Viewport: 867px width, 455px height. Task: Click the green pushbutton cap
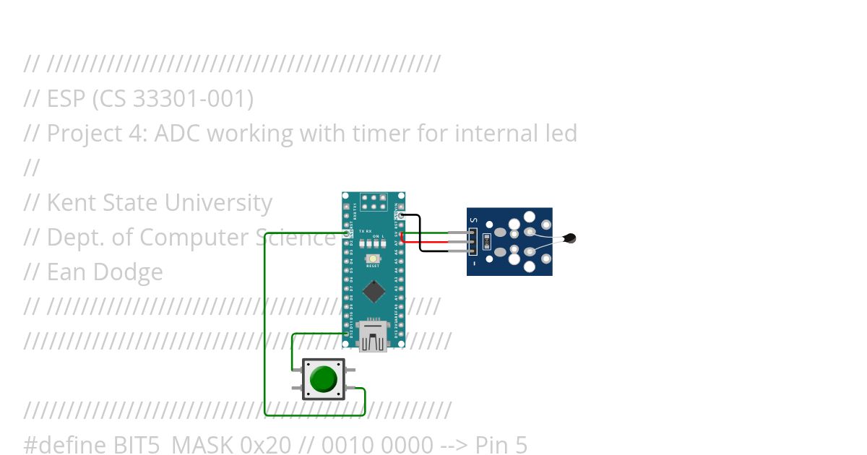point(323,378)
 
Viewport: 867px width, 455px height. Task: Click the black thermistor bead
point(570,238)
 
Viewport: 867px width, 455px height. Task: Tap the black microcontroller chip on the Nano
point(374,290)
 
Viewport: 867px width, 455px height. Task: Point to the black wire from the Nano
point(419,231)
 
